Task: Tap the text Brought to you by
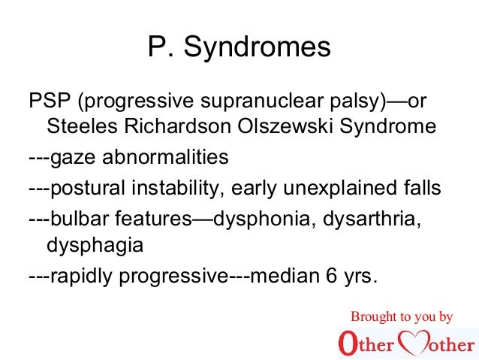(x=402, y=316)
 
